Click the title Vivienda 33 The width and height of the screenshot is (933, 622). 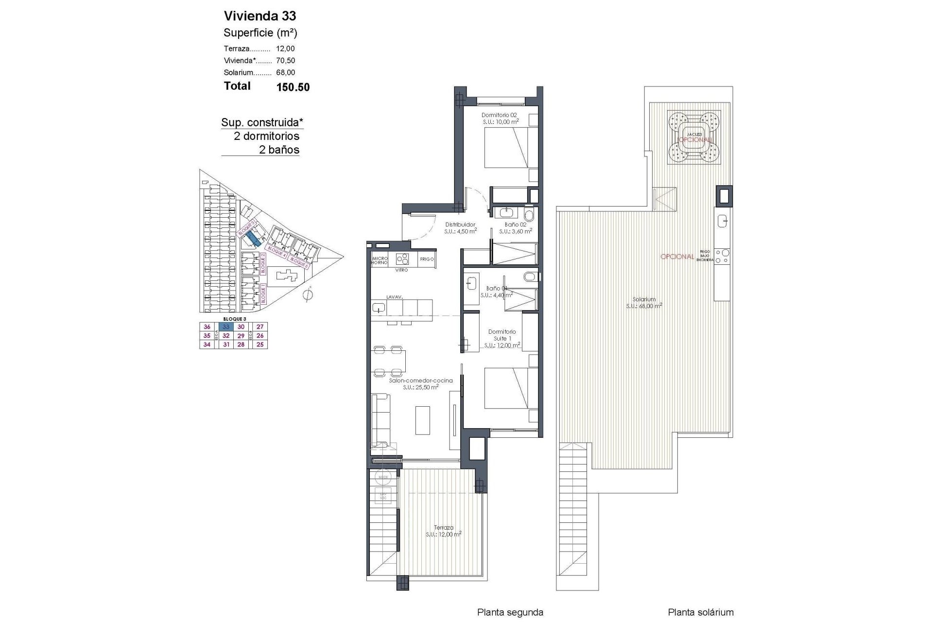pos(259,16)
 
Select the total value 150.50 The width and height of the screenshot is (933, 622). pos(293,87)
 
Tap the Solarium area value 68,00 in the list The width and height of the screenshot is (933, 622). pos(286,72)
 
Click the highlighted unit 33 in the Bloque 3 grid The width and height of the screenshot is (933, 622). pos(226,327)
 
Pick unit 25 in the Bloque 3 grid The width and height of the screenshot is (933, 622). pos(260,345)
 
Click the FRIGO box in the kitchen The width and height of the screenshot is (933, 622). pos(426,259)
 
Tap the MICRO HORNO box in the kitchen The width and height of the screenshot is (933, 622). pos(379,260)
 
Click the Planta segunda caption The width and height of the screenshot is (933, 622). pos(510,613)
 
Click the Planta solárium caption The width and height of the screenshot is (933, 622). pos(700,613)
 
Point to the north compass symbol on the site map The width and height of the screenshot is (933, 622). pos(308,294)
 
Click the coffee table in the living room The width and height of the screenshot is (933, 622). pos(423,419)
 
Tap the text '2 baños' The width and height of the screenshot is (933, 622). pos(279,150)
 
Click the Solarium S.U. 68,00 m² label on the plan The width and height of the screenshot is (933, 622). pos(644,303)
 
